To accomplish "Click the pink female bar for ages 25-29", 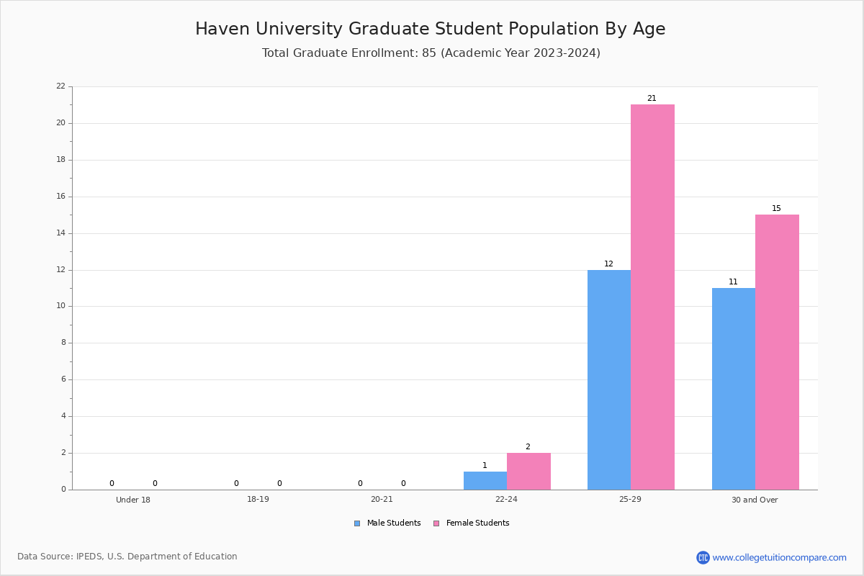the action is [652, 297].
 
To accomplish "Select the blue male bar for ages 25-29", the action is [609, 380].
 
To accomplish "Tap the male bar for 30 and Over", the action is [734, 389].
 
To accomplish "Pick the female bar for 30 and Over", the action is [777, 352].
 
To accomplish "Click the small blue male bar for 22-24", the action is [485, 481].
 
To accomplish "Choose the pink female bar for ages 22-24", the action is [528, 472].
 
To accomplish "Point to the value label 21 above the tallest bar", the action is [652, 99].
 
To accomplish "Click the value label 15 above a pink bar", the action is [776, 208].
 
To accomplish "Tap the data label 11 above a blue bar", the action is [733, 282].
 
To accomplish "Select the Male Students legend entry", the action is [387, 523].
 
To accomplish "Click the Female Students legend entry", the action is [471, 523].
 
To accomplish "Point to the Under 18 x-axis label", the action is [133, 500].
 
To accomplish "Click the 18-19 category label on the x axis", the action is [258, 499].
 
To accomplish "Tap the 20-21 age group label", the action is [382, 499].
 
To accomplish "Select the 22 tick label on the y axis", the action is [61, 86].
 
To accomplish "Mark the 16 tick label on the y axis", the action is [61, 197].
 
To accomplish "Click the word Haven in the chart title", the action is [222, 29].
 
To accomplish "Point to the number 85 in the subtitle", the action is [429, 53].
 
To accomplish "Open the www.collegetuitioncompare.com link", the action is [779, 557].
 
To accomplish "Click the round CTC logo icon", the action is [703, 557].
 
